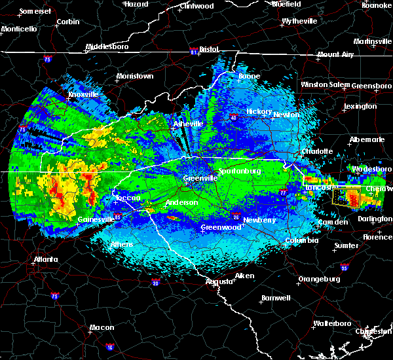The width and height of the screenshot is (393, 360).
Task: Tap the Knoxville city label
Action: pyautogui.click(x=83, y=94)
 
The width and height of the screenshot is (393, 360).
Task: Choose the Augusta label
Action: pyautogui.click(x=219, y=281)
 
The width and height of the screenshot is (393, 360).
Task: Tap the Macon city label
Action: pyautogui.click(x=102, y=327)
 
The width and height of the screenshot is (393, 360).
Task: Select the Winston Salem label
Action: pyautogui.click(x=326, y=84)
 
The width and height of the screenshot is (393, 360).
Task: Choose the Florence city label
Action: pyautogui.click(x=377, y=236)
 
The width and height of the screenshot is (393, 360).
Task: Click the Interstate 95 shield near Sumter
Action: pyautogui.click(x=345, y=268)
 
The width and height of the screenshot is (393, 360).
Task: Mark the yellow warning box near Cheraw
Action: pyautogui.click(x=346, y=196)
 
